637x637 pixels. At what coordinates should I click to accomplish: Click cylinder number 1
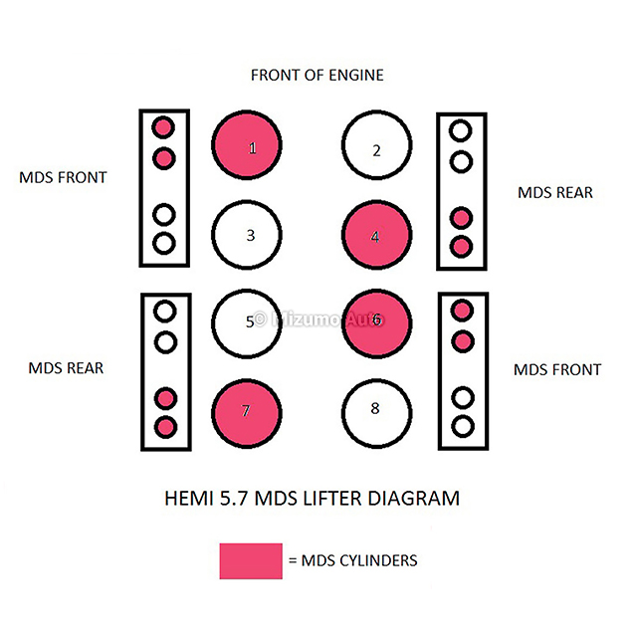click(247, 145)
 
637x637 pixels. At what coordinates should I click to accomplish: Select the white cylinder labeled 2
click(376, 145)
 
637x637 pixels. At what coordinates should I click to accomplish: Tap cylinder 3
click(247, 235)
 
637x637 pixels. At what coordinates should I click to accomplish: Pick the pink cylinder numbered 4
click(376, 235)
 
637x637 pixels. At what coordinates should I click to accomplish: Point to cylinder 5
click(247, 323)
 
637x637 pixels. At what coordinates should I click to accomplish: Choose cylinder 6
click(376, 323)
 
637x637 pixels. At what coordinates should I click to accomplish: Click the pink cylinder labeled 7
click(247, 414)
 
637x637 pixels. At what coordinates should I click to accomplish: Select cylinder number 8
click(376, 414)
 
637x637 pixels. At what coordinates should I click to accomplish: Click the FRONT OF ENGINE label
click(318, 76)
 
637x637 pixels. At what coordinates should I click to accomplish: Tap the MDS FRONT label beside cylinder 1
click(63, 177)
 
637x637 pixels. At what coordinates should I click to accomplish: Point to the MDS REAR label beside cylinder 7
click(66, 368)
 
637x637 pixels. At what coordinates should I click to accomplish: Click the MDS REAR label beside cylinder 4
click(555, 192)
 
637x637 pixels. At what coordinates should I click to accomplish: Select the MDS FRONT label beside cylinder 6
click(557, 369)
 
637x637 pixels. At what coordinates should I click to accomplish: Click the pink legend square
click(251, 561)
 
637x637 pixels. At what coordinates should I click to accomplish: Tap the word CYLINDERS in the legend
click(378, 560)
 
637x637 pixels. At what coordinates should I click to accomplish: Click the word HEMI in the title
click(189, 499)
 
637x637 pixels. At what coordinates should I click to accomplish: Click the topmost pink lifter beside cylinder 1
click(163, 127)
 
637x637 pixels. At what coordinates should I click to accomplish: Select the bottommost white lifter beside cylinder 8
click(463, 427)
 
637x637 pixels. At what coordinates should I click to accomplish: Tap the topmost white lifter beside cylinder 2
click(460, 130)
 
